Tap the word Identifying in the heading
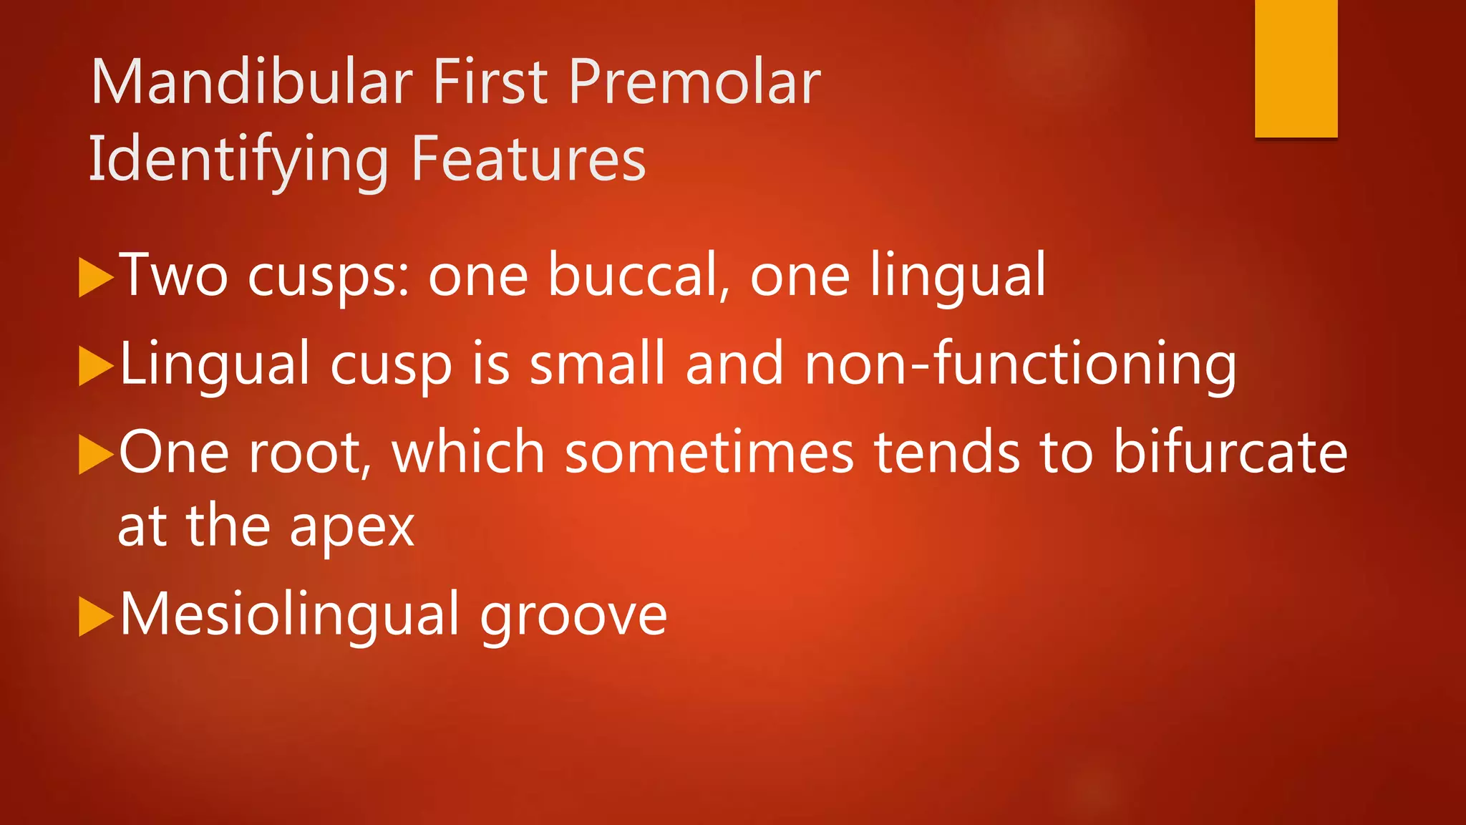pyautogui.click(x=238, y=160)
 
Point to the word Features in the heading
pyautogui.click(x=528, y=159)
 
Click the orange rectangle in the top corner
pyautogui.click(x=1296, y=68)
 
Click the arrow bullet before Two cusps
pyautogui.click(x=95, y=277)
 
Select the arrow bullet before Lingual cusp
pyautogui.click(x=95, y=366)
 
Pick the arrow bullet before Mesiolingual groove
pyautogui.click(x=95, y=616)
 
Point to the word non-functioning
pyautogui.click(x=1020, y=365)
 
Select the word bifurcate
pyautogui.click(x=1230, y=453)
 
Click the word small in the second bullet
pyautogui.click(x=597, y=364)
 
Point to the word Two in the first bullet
pyautogui.click(x=173, y=275)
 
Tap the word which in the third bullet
pyautogui.click(x=469, y=453)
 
